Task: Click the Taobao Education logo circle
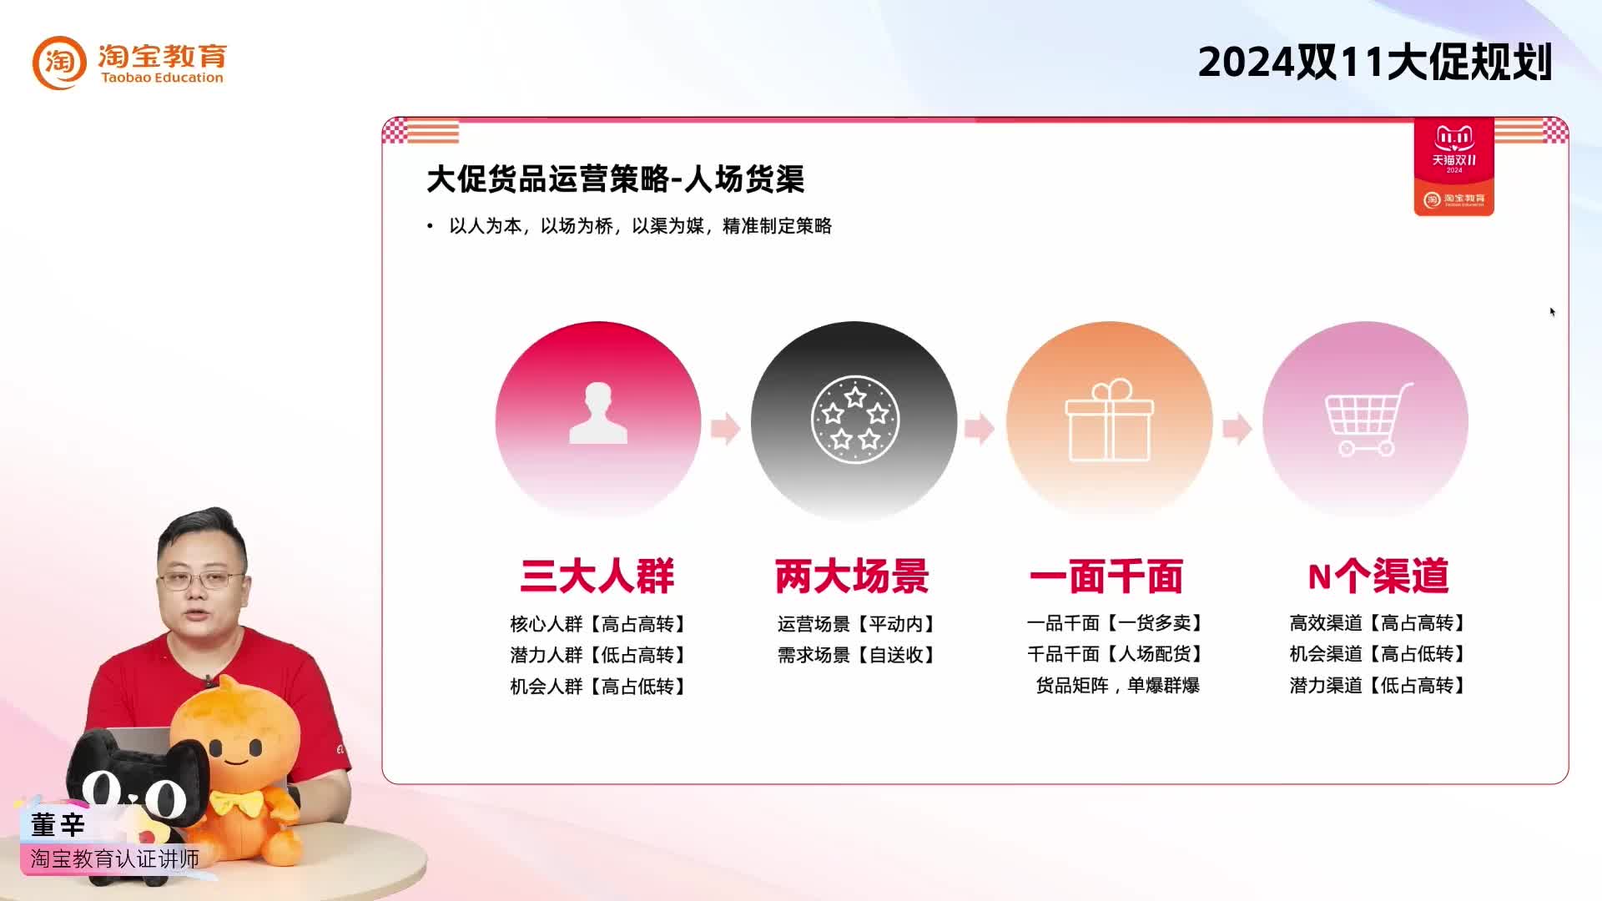(59, 63)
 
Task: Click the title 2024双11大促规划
(1374, 63)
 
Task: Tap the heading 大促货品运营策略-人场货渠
(615, 179)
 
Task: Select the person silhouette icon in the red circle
(598, 413)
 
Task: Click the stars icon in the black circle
(854, 420)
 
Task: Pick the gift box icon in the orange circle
(1109, 421)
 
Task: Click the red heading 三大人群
(597, 576)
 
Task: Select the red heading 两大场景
(853, 576)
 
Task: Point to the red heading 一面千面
(1107, 576)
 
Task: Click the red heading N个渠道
(1378, 576)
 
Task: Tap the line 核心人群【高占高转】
(598, 624)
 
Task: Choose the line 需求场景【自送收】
(856, 655)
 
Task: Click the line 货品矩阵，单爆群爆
(1117, 686)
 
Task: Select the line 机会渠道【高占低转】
(1378, 654)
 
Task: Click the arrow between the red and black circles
(725, 428)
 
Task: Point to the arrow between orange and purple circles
(1237, 428)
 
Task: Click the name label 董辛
(58, 825)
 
